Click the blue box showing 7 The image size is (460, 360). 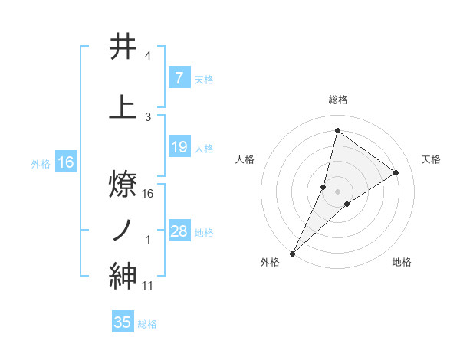179,78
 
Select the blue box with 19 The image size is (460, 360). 179,147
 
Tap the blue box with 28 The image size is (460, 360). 179,231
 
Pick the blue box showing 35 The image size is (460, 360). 123,322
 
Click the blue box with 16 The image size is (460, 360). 66,162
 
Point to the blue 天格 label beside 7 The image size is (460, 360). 204,80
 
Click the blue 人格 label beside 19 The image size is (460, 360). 204,149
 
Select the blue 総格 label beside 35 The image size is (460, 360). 148,324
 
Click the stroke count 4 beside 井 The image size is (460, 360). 148,56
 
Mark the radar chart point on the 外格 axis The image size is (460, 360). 293,253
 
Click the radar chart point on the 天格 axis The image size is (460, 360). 396,172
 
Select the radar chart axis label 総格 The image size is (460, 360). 337,100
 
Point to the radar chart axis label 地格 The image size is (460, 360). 402,262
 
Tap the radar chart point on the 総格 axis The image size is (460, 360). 337,130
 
